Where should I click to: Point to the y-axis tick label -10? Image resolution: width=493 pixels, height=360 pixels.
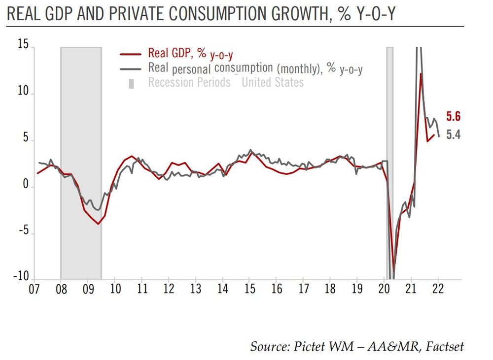[x=20, y=277]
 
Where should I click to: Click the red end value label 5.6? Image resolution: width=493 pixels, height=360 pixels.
[x=453, y=116]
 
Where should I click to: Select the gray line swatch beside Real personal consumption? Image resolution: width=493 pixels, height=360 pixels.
[x=132, y=68]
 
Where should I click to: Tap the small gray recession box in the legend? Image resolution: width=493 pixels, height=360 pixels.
[x=132, y=82]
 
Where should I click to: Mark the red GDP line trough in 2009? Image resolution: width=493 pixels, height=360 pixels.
[x=99, y=224]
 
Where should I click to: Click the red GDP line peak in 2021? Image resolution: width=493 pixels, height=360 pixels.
[x=421, y=74]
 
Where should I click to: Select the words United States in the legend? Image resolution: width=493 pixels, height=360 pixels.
[x=273, y=82]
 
